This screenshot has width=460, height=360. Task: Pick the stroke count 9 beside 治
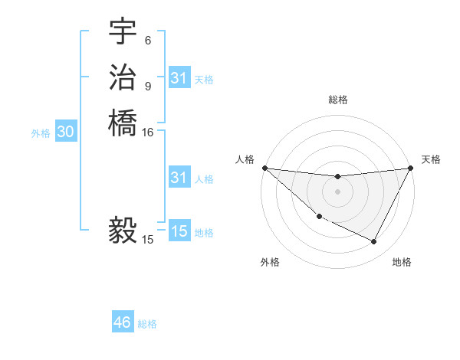coord(147,86)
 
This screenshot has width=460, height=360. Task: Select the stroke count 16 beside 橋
coord(148,132)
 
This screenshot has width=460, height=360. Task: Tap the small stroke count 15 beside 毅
coord(148,240)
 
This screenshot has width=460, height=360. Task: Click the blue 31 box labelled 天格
coord(179,78)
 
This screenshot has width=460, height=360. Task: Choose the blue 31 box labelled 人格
coord(179,178)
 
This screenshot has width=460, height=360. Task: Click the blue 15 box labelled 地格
coord(179,231)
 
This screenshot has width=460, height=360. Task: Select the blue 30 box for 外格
coord(66,133)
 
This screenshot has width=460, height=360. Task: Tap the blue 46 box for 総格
coord(123,322)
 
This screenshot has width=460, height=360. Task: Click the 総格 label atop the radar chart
coord(337,100)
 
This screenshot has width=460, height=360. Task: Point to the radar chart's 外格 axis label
coord(271,262)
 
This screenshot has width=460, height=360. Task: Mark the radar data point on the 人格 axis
coord(264,168)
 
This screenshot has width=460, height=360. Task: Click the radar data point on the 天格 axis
coord(411,168)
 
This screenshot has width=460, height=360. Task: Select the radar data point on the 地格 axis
coord(374,242)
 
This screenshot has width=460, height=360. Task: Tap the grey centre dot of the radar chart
coord(337,191)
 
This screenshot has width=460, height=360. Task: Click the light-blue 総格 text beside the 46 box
coord(147,324)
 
